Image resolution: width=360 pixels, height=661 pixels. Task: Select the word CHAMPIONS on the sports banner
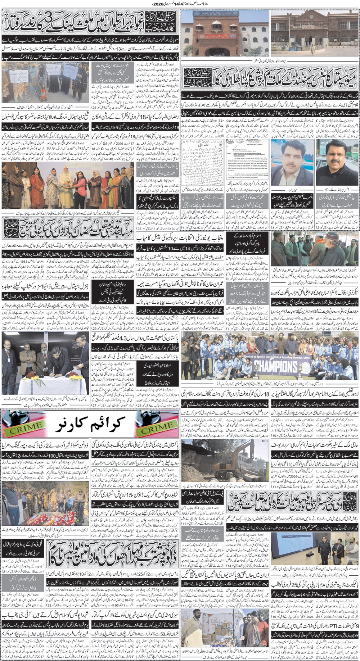pos(276,366)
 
